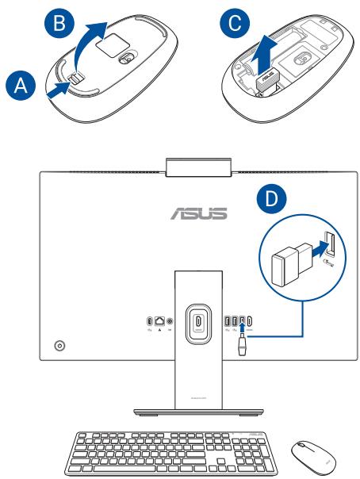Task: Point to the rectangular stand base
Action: (x=195, y=412)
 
